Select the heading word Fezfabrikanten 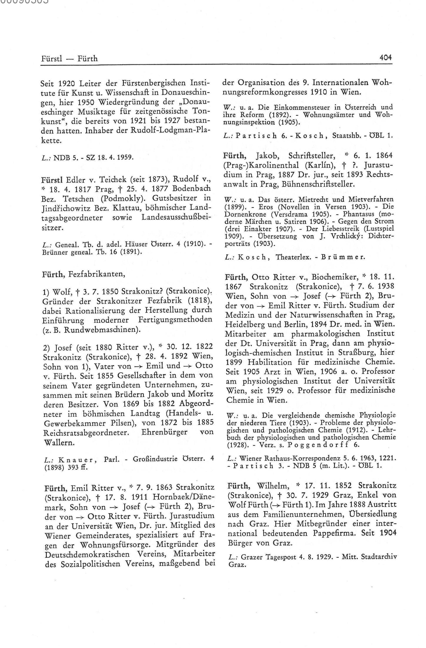pos(97,275)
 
